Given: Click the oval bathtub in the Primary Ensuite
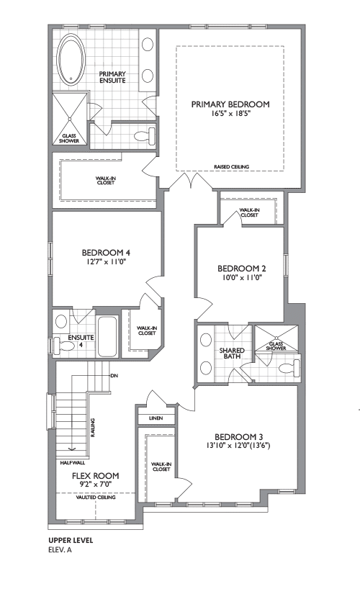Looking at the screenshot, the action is pyautogui.click(x=71, y=59).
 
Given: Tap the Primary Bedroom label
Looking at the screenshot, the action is pyautogui.click(x=230, y=104).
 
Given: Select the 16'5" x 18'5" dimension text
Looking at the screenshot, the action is pyautogui.click(x=230, y=113).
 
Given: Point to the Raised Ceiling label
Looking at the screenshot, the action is pyautogui.click(x=232, y=166).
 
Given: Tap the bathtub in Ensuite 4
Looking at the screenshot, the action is pyautogui.click(x=107, y=336).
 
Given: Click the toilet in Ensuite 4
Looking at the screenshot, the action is pyautogui.click(x=63, y=346).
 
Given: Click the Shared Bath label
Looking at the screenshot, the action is pyautogui.click(x=232, y=354).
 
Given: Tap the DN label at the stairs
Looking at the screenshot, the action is pyautogui.click(x=114, y=376).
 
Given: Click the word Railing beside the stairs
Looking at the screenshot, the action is pyautogui.click(x=93, y=428).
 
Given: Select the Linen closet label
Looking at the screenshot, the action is pyautogui.click(x=156, y=418).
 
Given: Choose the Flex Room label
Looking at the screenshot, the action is pyautogui.click(x=95, y=476).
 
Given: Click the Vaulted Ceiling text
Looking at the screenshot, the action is pyautogui.click(x=96, y=498).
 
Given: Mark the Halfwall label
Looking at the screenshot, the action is pyautogui.click(x=73, y=463).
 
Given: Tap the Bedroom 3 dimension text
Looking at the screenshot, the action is pyautogui.click(x=238, y=445).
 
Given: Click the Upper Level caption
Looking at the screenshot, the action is pyautogui.click(x=71, y=541).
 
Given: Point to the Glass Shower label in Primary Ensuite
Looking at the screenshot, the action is pyautogui.click(x=69, y=138).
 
